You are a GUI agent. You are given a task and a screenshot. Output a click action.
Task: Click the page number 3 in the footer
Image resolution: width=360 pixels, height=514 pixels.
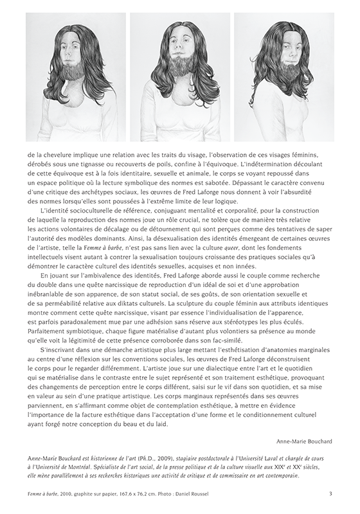click(330, 493)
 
